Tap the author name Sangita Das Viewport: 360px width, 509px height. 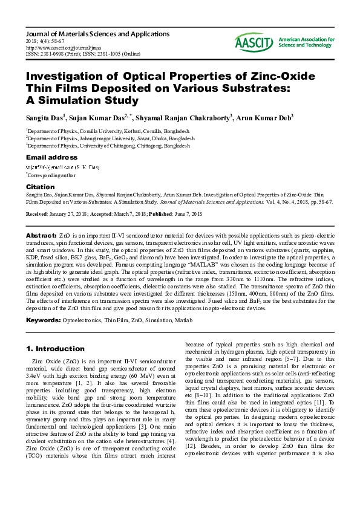[44, 117]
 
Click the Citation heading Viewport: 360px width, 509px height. [41, 187]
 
